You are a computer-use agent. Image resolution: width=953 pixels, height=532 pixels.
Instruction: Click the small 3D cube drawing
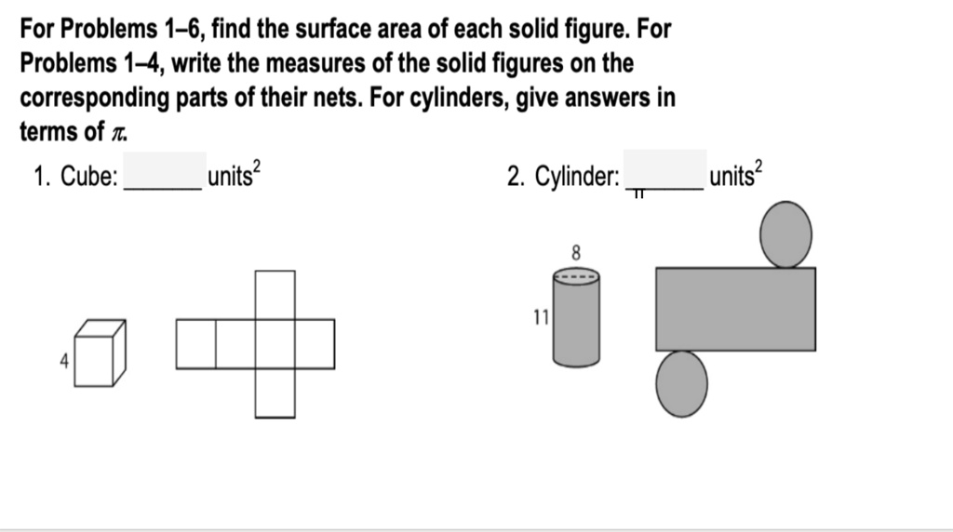click(100, 353)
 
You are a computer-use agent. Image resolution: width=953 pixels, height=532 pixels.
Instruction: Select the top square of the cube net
click(275, 295)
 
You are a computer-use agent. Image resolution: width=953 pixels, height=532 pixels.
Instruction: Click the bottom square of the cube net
click(275, 392)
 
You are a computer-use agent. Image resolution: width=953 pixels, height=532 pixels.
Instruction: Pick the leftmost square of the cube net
click(195, 343)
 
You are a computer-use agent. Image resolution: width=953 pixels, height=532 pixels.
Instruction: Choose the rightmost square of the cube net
click(315, 343)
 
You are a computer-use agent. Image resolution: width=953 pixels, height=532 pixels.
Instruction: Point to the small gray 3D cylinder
click(577, 318)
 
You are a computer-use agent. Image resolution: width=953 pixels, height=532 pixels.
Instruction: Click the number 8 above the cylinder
click(576, 252)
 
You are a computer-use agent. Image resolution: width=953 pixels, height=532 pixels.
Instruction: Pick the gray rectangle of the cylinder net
click(735, 309)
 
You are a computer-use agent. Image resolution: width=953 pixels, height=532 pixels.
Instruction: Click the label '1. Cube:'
click(75, 177)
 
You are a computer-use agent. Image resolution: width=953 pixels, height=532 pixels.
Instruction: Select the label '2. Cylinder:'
click(563, 177)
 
